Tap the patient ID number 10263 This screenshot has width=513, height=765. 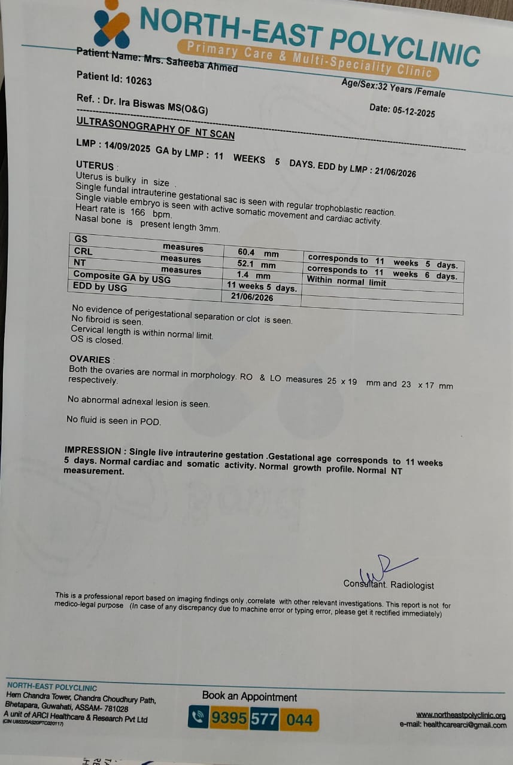pos(139,81)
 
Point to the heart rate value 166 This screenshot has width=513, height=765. pos(138,212)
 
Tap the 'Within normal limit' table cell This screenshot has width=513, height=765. pos(346,281)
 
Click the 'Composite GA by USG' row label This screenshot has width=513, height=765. pos(122,278)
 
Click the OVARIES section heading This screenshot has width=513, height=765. pos(90,359)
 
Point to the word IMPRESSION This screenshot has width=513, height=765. pos(92,451)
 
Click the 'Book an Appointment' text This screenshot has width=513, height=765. pos(249,697)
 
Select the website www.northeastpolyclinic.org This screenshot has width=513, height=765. pos(460,715)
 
